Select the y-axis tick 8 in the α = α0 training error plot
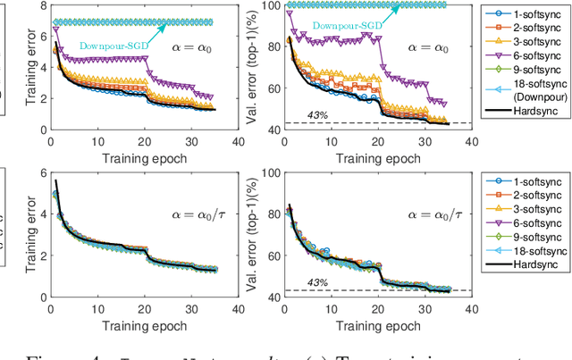(33, 6)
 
